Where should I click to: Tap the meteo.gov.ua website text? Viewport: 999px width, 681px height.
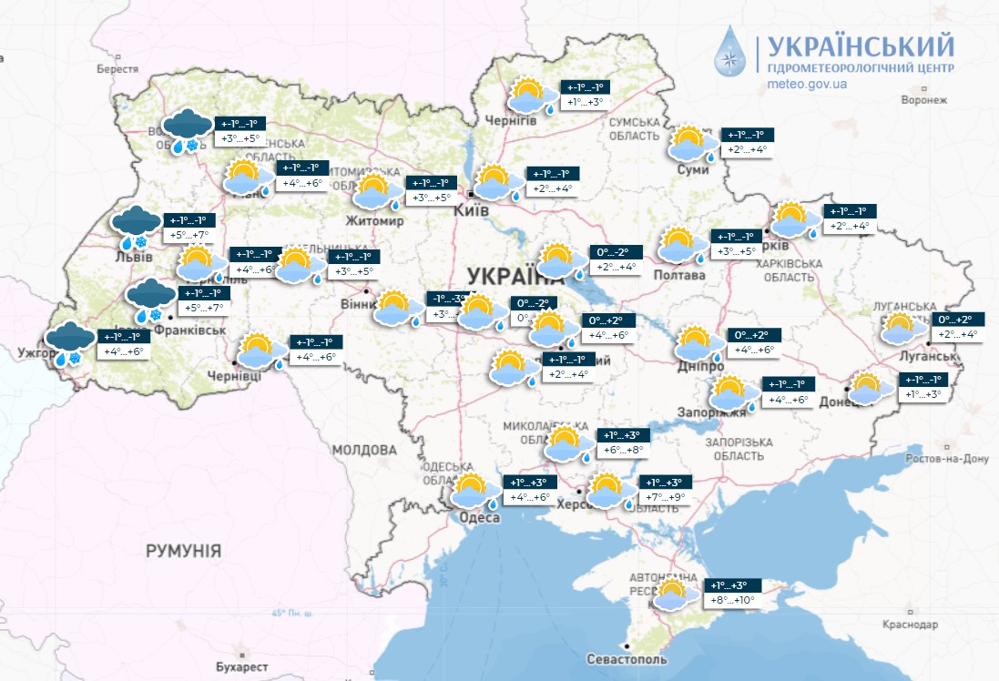[x=808, y=84]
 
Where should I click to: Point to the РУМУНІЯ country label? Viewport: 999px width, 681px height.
[x=183, y=550]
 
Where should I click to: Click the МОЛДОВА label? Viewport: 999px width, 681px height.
[x=364, y=450]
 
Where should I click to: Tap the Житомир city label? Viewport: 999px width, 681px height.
[x=374, y=220]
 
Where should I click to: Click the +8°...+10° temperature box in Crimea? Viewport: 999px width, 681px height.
[x=731, y=600]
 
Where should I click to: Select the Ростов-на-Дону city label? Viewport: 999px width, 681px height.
[x=947, y=459]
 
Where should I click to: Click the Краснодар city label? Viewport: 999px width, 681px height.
[x=910, y=625]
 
